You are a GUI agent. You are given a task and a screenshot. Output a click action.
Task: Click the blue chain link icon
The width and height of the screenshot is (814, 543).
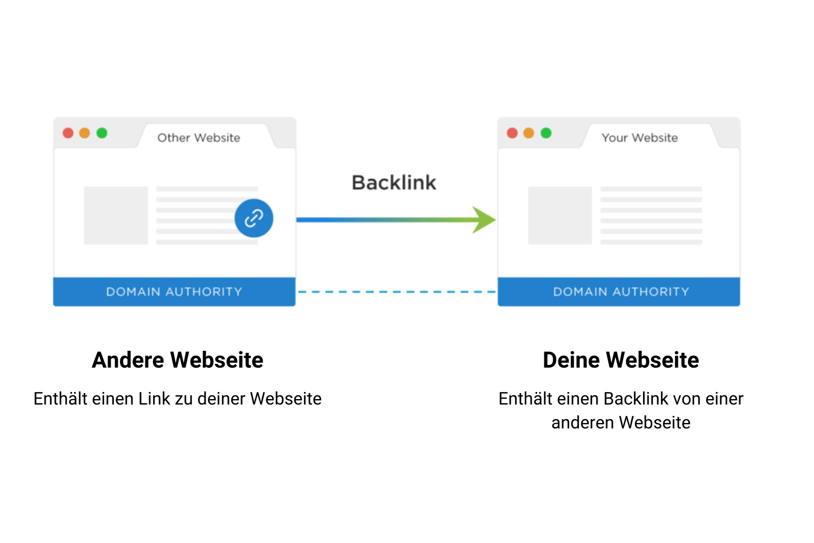pyautogui.click(x=253, y=218)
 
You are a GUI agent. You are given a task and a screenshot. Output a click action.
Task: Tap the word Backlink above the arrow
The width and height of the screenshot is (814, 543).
pyautogui.click(x=394, y=182)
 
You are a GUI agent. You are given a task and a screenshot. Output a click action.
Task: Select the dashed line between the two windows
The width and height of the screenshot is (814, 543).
pyautogui.click(x=396, y=292)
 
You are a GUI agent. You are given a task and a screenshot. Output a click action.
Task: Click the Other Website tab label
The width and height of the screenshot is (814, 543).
pyautogui.click(x=199, y=138)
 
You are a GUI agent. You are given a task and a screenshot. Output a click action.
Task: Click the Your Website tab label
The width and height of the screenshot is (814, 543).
pyautogui.click(x=639, y=138)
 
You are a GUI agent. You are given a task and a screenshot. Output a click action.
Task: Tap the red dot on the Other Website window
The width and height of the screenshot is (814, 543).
pyautogui.click(x=68, y=133)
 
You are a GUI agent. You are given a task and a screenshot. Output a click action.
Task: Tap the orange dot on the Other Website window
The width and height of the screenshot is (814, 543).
pyautogui.click(x=85, y=133)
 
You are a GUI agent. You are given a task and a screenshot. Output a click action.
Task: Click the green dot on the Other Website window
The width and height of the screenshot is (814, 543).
pyautogui.click(x=102, y=133)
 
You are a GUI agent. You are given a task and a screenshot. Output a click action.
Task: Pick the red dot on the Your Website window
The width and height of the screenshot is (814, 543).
pyautogui.click(x=512, y=133)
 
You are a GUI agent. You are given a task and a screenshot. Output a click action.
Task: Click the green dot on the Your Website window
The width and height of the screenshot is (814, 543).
pyautogui.click(x=546, y=133)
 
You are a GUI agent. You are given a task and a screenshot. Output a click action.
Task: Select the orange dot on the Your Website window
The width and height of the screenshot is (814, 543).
pyautogui.click(x=529, y=133)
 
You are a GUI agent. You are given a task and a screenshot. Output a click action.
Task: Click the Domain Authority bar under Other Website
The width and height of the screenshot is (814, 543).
pyautogui.click(x=174, y=292)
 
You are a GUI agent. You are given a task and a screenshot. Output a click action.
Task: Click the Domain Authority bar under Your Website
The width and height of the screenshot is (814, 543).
pyautogui.click(x=619, y=292)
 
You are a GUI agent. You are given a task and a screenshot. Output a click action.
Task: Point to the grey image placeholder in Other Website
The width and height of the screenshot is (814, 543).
pyautogui.click(x=116, y=216)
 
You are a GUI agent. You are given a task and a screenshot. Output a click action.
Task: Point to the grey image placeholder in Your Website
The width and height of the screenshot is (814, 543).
pyautogui.click(x=559, y=216)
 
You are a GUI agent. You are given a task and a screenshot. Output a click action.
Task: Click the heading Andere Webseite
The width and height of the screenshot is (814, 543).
pyautogui.click(x=177, y=360)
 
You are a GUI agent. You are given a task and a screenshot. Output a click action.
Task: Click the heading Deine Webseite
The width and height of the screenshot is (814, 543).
pyautogui.click(x=621, y=360)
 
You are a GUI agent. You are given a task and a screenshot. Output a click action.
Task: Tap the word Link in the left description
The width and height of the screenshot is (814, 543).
pyautogui.click(x=155, y=399)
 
